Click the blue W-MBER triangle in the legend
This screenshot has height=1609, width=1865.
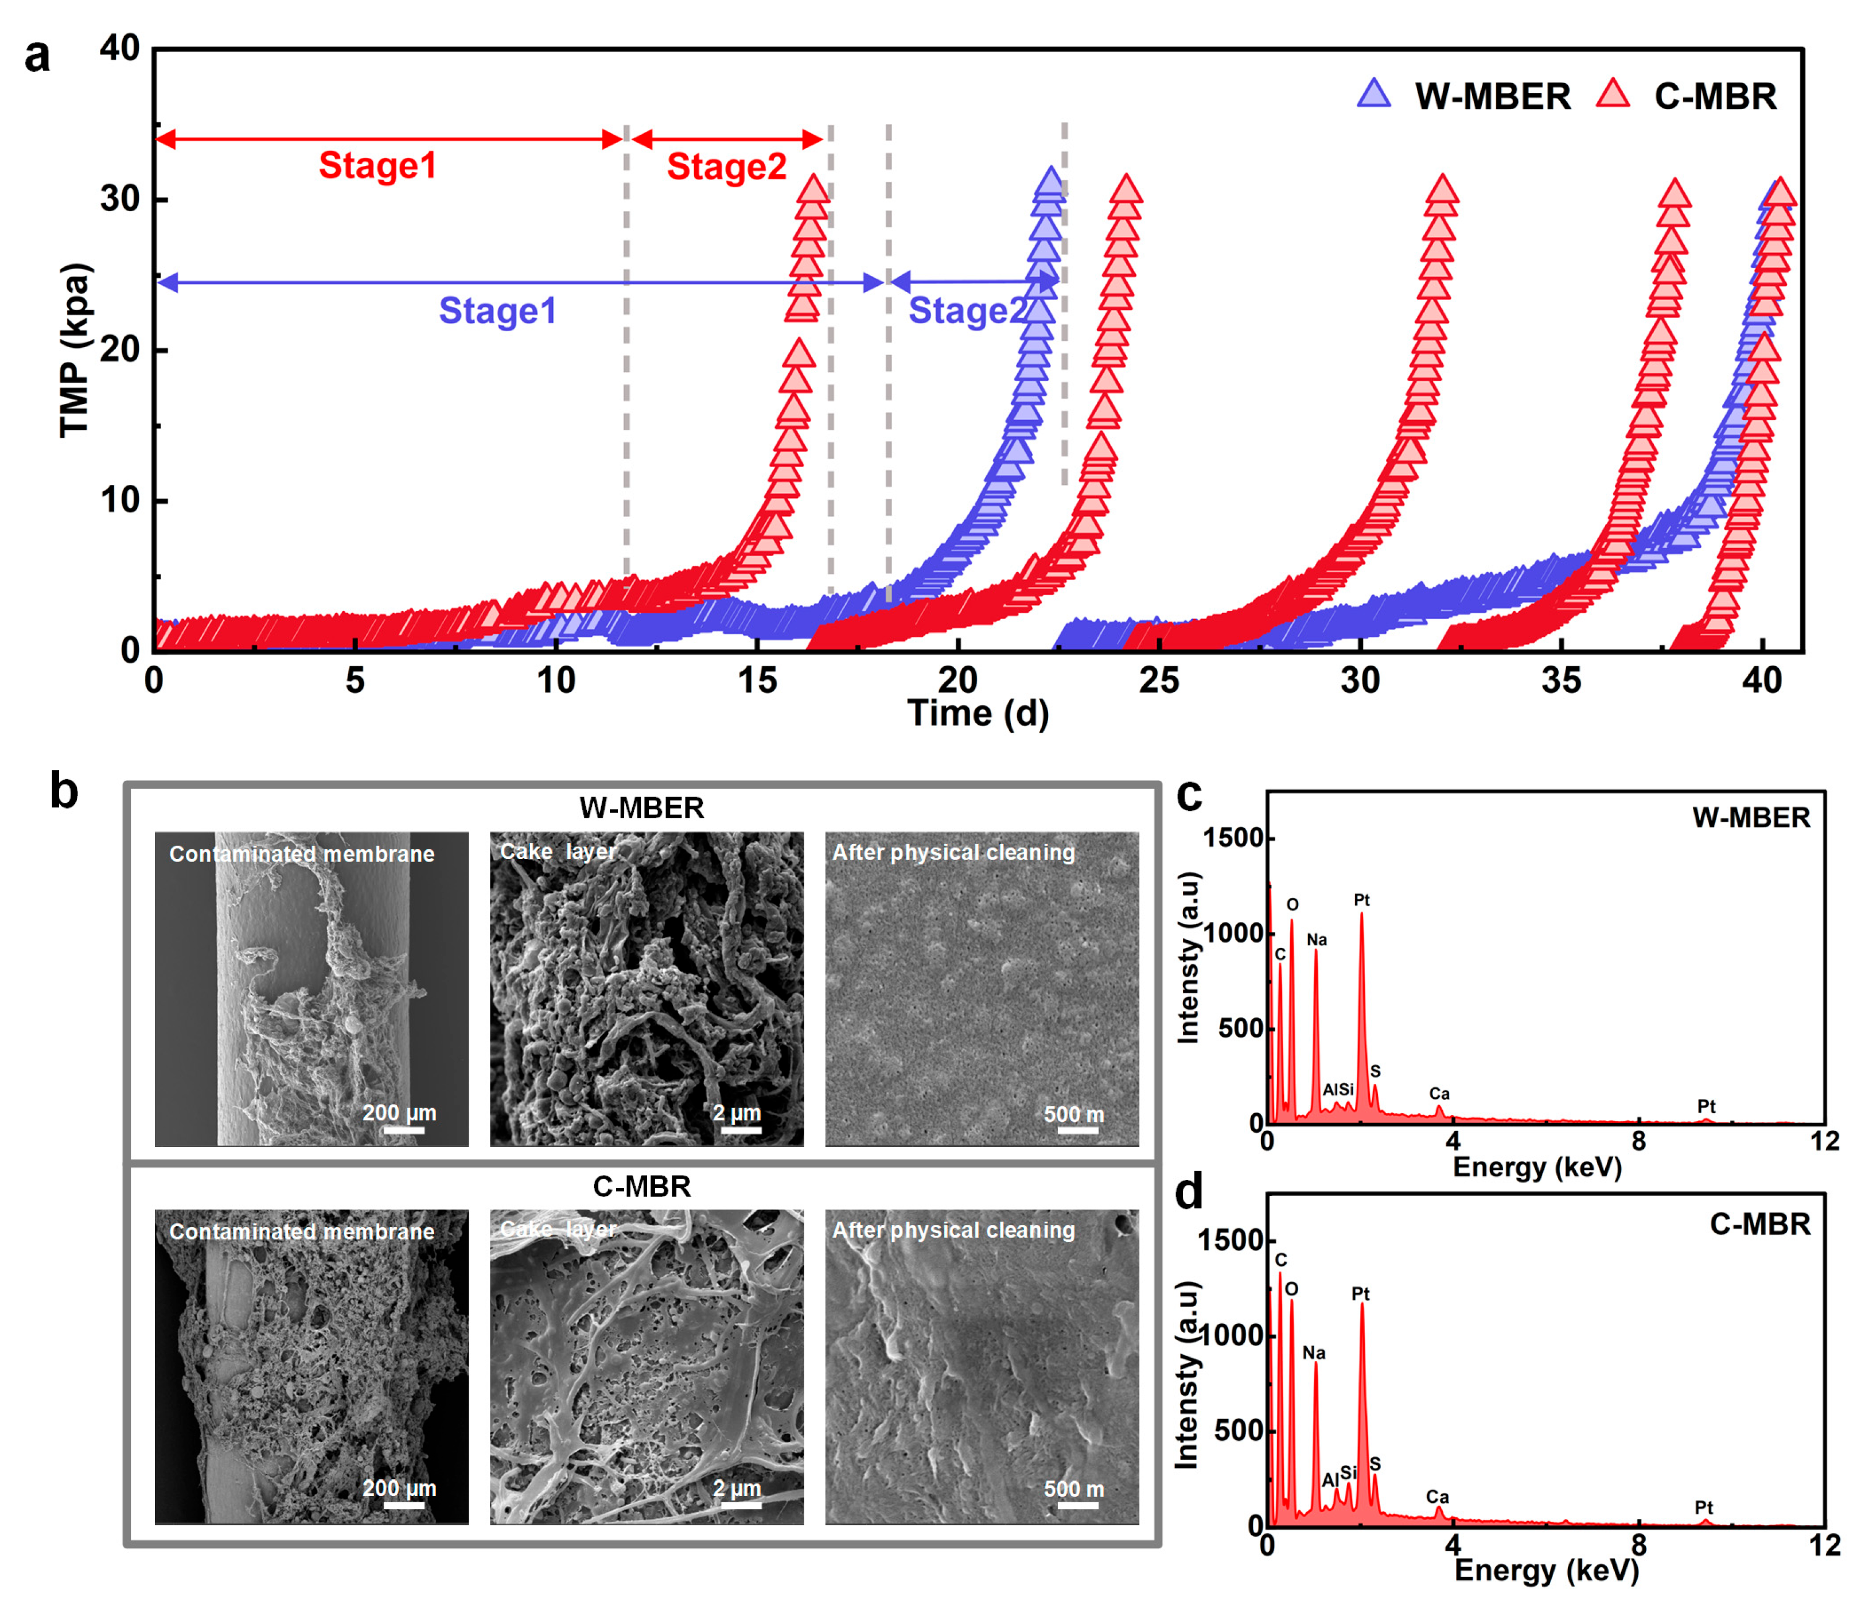tap(1373, 95)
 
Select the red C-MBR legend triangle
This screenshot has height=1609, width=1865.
tap(1613, 95)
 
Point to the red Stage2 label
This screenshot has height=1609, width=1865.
tap(726, 168)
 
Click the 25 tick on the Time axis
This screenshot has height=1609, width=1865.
tap(1158, 681)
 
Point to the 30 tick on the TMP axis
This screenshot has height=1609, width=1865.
tap(120, 199)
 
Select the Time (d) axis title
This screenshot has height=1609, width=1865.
tap(979, 713)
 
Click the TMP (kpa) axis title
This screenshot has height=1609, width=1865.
tap(76, 350)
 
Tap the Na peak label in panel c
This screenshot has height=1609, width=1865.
tap(1316, 940)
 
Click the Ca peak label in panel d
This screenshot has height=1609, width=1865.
tap(1438, 1497)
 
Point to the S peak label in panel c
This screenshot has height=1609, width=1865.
tap(1375, 1071)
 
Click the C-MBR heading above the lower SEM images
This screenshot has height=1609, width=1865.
tap(642, 1187)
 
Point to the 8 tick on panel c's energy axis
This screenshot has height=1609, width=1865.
tap(1638, 1142)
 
